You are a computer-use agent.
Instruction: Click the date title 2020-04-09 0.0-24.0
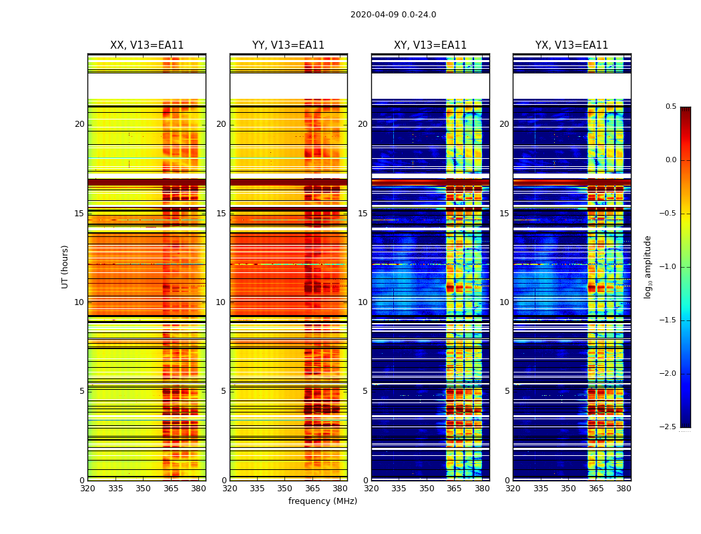tap(393, 15)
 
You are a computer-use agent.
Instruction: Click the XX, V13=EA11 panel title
tap(147, 45)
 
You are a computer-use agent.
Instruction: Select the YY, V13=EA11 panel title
tap(288, 45)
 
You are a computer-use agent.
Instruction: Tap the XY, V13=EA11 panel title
tap(431, 45)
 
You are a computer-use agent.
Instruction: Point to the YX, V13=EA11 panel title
tap(572, 45)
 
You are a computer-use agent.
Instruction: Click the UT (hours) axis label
tap(65, 266)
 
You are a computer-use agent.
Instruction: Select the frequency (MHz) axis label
tap(322, 501)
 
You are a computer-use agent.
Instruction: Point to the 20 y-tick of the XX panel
tap(79, 124)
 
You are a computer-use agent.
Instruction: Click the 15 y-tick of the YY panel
tap(223, 214)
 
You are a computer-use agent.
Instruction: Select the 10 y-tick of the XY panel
tap(363, 302)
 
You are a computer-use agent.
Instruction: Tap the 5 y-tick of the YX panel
tap(507, 391)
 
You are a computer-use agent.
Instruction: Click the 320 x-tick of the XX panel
tap(87, 488)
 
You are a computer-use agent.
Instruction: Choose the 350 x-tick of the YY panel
tap(285, 488)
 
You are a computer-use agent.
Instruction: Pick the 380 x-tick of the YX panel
tap(624, 488)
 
